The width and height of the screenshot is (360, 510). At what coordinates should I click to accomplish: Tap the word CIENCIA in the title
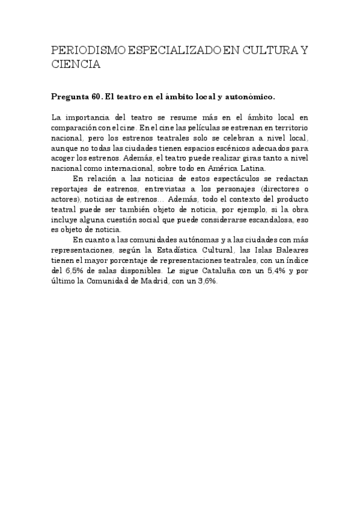click(x=75, y=65)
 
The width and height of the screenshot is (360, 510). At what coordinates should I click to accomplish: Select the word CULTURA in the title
click(x=264, y=52)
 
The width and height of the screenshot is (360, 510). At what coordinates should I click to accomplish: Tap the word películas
click(x=189, y=127)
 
